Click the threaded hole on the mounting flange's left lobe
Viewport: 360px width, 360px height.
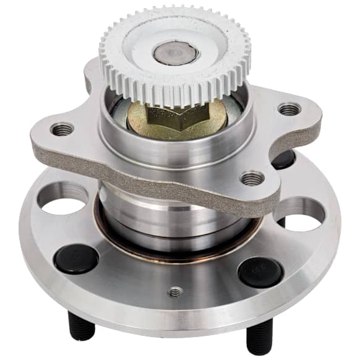pyautogui.click(x=62, y=129)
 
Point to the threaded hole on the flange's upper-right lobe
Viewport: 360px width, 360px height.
pyautogui.click(x=289, y=109)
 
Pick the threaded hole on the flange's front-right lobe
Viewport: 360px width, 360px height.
pyautogui.click(x=252, y=178)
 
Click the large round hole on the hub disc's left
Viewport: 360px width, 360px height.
pyautogui.click(x=62, y=197)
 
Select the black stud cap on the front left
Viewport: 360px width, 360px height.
pyautogui.click(x=75, y=258)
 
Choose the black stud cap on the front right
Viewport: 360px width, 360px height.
pyautogui.click(x=260, y=272)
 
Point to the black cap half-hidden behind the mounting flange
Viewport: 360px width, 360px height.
pyautogui.click(x=283, y=159)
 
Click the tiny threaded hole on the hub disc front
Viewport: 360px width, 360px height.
pyautogui.click(x=176, y=291)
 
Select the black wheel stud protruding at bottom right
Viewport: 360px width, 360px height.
pyautogui.click(x=259, y=340)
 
